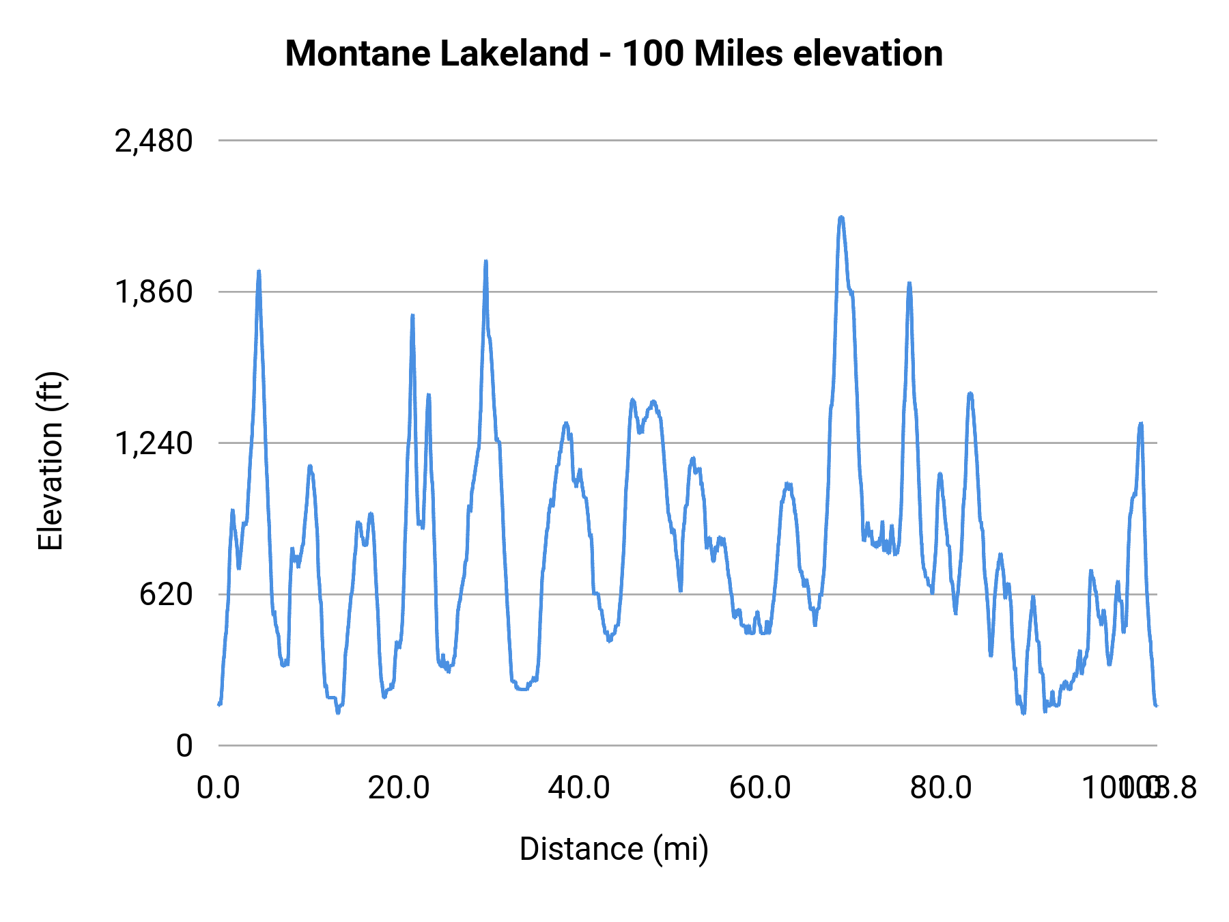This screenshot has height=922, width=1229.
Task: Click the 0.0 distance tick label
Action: (x=218, y=788)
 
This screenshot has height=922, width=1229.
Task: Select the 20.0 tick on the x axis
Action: (x=399, y=788)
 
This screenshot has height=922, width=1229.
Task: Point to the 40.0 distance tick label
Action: (x=579, y=788)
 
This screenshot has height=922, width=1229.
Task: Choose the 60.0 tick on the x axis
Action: (x=760, y=788)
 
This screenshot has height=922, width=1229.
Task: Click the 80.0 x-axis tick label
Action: (x=941, y=788)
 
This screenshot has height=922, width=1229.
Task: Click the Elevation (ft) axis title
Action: (x=51, y=461)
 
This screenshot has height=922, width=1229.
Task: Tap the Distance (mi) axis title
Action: (x=614, y=849)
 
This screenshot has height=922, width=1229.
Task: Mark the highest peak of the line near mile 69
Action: (x=841, y=217)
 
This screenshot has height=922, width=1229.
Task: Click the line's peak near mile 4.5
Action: (x=259, y=271)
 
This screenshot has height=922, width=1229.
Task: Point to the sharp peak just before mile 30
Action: (x=485, y=261)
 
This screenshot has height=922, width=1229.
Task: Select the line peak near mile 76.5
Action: (x=909, y=283)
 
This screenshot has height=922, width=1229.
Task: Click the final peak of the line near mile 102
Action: (x=1140, y=424)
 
